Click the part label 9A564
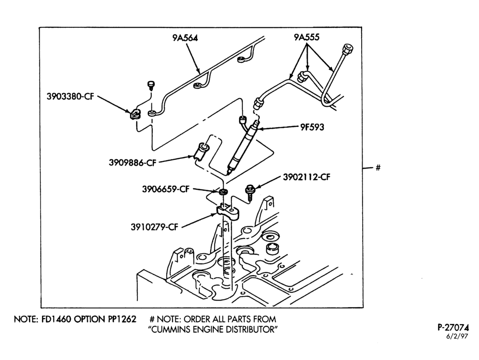tap(185, 37)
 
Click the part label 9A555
tap(307, 37)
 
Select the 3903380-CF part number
tap(70, 97)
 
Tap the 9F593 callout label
tap(312, 127)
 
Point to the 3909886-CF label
tap(133, 162)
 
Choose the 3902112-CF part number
tap(307, 177)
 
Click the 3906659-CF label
tap(166, 189)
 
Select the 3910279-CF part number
tap(154, 227)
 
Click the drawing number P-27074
tap(453, 327)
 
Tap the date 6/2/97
tap(457, 337)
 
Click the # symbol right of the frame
tap(378, 168)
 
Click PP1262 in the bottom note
tap(122, 319)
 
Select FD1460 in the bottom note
tap(56, 319)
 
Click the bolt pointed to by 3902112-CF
tap(250, 192)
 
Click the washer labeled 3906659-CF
tap(224, 192)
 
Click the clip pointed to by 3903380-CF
tap(134, 113)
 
